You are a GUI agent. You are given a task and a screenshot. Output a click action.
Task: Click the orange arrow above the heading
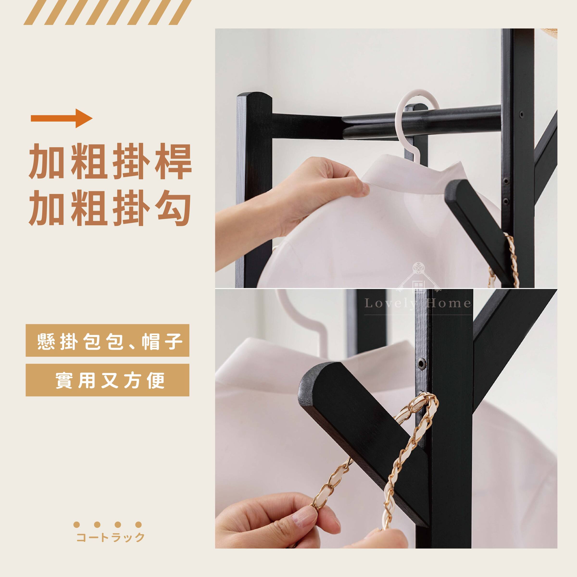[62, 118]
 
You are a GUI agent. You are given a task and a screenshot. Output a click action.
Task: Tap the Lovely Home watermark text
[418, 303]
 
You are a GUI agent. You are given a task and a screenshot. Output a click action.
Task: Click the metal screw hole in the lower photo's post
[421, 363]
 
